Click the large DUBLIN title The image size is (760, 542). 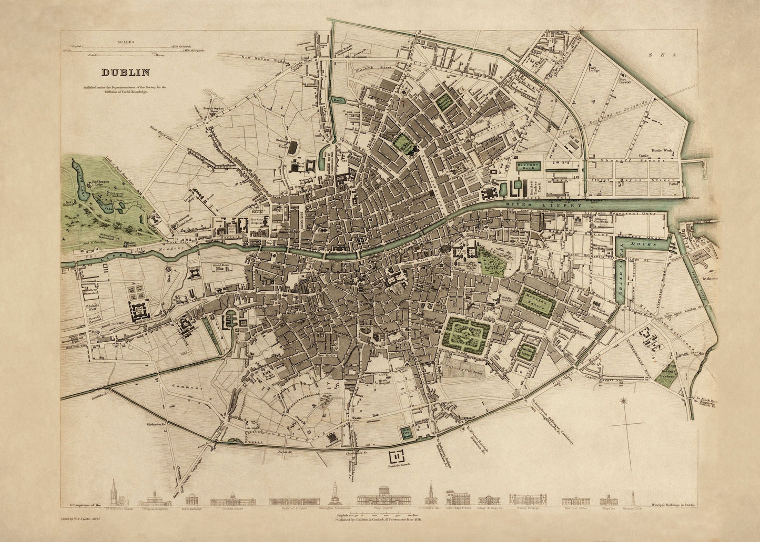coord(125,73)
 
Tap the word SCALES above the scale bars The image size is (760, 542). coord(127,41)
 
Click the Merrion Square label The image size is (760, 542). coord(536,304)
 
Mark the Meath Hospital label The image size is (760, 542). coord(384,382)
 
